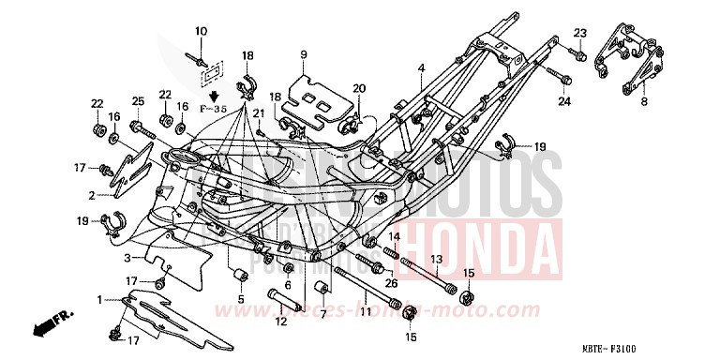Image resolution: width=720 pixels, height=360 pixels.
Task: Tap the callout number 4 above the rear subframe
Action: coord(422,67)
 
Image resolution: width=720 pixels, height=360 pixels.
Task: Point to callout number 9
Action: coord(305,56)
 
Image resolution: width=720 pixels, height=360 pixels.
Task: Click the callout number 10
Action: coord(200,33)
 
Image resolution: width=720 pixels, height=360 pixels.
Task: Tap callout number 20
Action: coord(358,89)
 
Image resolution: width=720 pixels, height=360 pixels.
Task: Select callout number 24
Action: coord(564,100)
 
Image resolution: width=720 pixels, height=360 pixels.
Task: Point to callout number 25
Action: coord(137,101)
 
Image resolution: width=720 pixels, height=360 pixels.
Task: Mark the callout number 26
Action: coord(391,283)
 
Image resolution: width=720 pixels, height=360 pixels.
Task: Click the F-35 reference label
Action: coord(213,110)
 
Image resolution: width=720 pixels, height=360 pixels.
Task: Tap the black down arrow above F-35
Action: coord(213,95)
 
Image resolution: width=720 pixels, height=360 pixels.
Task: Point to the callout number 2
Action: coord(93,195)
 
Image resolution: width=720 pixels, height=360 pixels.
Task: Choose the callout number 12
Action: coord(280,322)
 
